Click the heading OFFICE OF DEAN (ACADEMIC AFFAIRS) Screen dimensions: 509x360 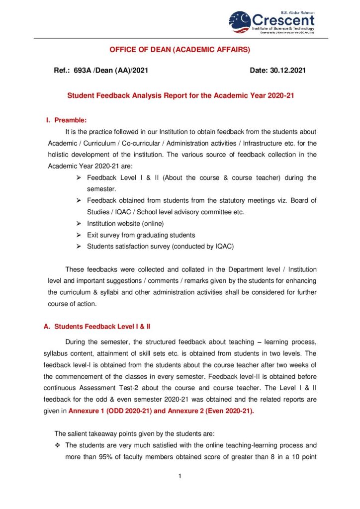click(180, 50)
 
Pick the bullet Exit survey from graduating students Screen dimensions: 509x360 click(141, 235)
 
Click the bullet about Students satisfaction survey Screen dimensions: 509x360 click(160, 246)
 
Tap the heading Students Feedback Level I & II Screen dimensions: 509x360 click(102, 327)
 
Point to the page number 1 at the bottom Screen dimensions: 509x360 click(180, 477)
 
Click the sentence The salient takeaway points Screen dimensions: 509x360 click(125, 433)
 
